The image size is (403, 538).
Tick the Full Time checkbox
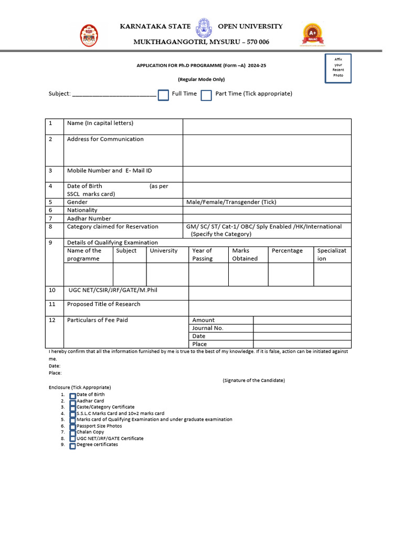point(163,95)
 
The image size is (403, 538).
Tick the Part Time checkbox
point(206,95)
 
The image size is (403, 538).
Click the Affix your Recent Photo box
point(338,68)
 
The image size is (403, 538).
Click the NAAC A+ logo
point(313,35)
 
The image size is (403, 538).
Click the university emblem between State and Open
point(203,29)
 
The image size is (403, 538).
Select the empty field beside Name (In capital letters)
point(267,127)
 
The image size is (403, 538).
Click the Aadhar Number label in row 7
point(89,219)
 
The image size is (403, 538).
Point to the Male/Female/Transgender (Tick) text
point(231,202)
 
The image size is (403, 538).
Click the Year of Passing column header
point(203,254)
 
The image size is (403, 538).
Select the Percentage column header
point(287,251)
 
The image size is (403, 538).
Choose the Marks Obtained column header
point(245,254)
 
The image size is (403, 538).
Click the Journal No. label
point(208,328)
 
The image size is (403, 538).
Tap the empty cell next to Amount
point(302,320)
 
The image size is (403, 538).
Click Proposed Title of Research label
point(103,304)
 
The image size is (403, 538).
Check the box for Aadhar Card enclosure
point(72,401)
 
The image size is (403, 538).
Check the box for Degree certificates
point(72,446)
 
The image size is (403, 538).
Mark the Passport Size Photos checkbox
point(72,427)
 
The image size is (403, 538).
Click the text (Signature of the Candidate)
point(253,380)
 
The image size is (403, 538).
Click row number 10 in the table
point(52,290)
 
